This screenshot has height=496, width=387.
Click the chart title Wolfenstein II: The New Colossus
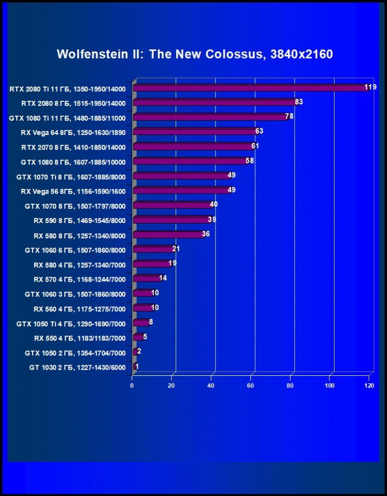click(x=195, y=54)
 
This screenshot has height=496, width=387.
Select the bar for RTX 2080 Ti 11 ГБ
click(x=250, y=88)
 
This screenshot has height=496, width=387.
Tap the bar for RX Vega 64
click(x=196, y=132)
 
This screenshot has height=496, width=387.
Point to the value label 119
click(x=370, y=87)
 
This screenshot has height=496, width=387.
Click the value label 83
click(x=298, y=102)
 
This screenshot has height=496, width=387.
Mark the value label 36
click(x=206, y=234)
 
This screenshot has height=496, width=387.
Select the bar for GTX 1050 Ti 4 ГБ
click(x=141, y=322)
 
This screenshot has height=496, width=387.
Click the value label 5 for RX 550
click(x=145, y=337)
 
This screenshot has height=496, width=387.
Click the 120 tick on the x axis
click(x=369, y=386)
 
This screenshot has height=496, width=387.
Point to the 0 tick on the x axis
click(x=132, y=386)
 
